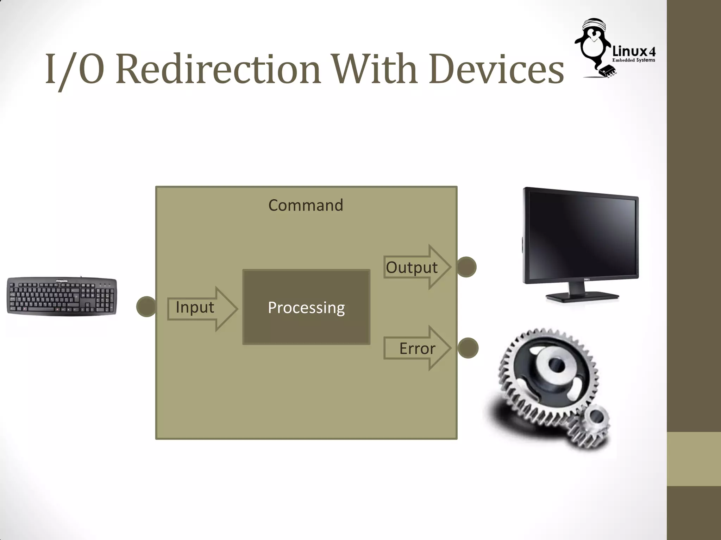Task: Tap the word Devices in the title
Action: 496,69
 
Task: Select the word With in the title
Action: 375,69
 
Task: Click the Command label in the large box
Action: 306,205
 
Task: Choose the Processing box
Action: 306,307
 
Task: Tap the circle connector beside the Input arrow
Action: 146,307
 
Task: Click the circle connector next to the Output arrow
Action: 466,267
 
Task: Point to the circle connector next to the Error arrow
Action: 468,348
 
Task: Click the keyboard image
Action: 62,296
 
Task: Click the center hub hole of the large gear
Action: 556,366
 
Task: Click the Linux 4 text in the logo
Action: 634,51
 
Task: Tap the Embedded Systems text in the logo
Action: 634,60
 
